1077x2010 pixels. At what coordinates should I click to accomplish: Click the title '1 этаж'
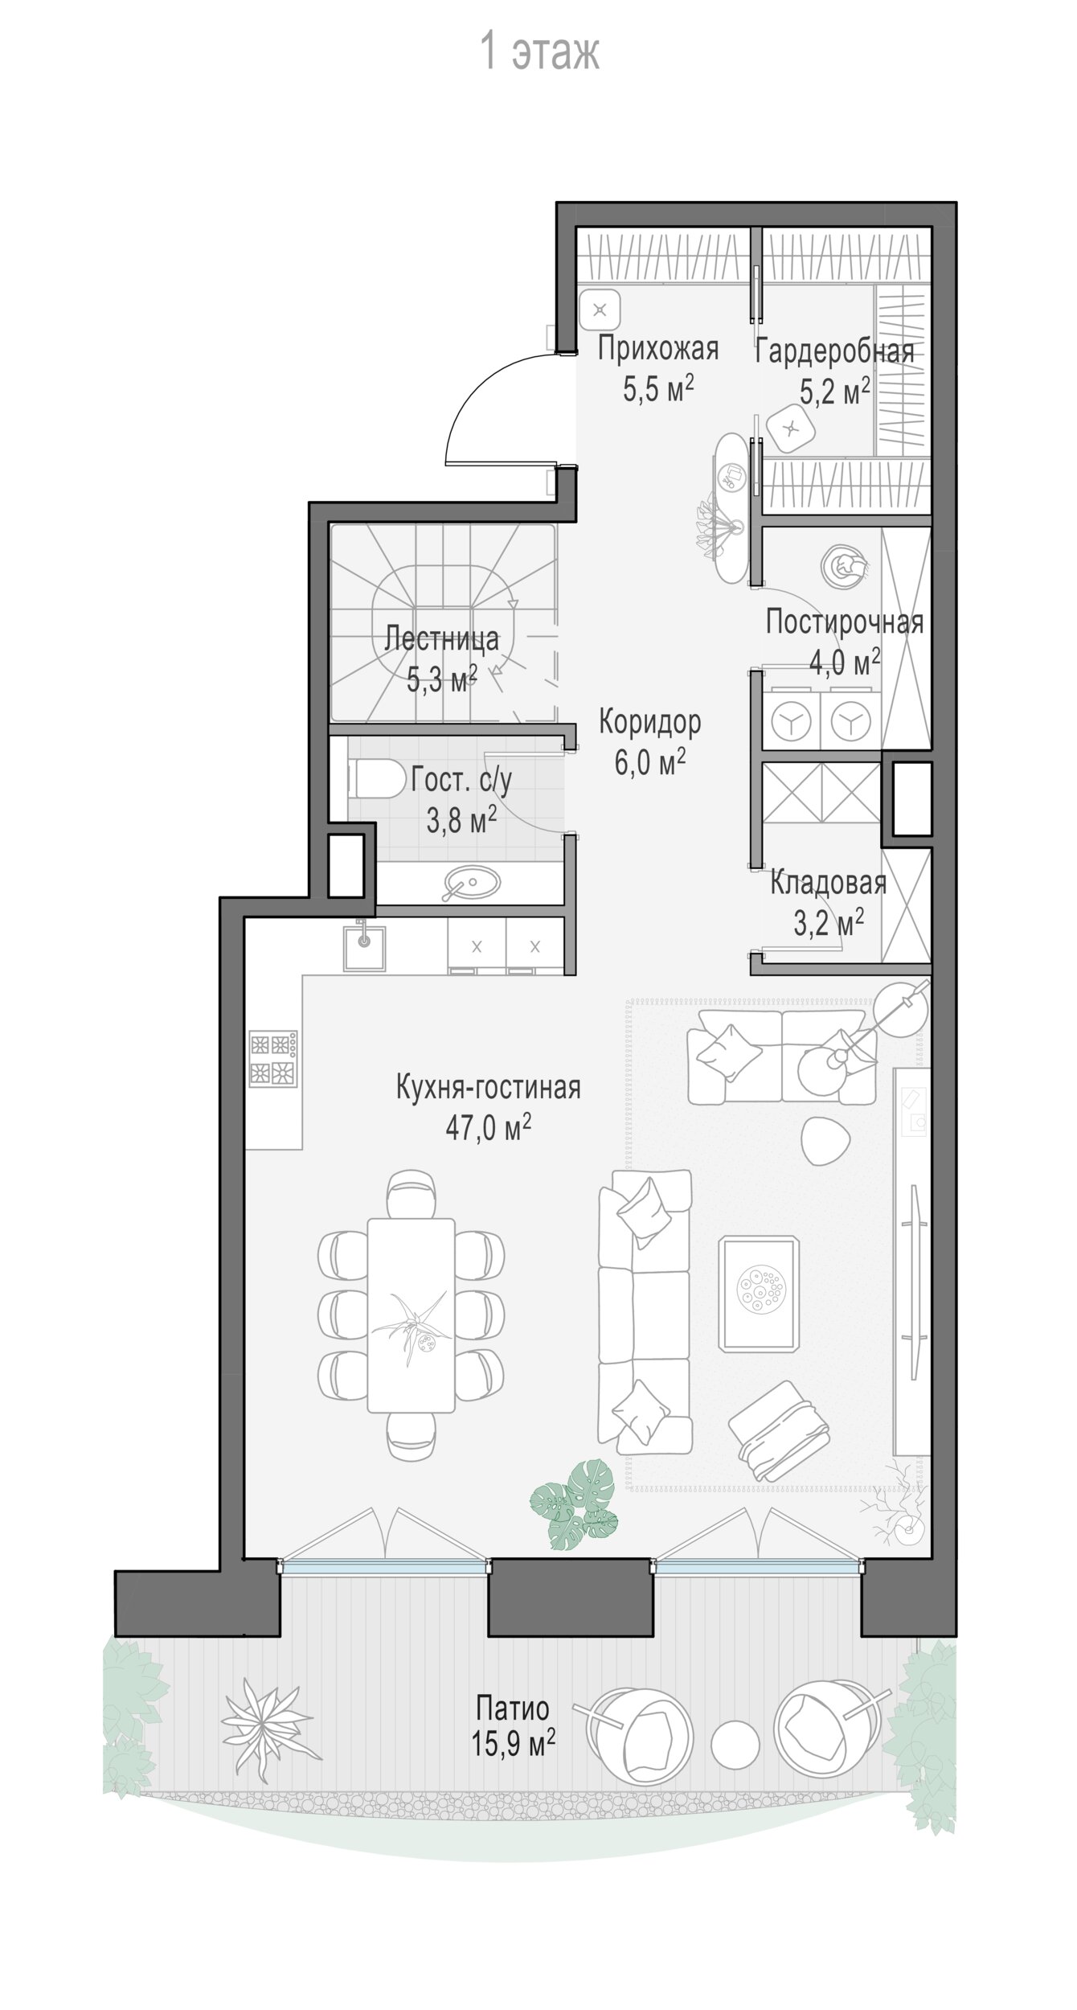click(x=539, y=51)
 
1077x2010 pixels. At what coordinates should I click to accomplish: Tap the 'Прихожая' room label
click(x=657, y=350)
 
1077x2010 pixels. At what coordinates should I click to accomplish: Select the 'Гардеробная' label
click(x=835, y=352)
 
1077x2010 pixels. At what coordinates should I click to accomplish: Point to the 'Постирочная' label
click(x=844, y=622)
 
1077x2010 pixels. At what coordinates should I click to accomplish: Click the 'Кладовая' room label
click(x=829, y=883)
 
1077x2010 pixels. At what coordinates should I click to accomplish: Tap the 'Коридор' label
click(x=649, y=722)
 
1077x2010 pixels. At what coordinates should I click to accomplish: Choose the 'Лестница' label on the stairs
click(x=442, y=639)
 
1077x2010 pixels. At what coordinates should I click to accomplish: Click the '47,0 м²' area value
click(x=489, y=1127)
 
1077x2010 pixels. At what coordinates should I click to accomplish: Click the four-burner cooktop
click(x=273, y=1058)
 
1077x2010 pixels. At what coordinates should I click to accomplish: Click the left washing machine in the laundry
click(x=792, y=721)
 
